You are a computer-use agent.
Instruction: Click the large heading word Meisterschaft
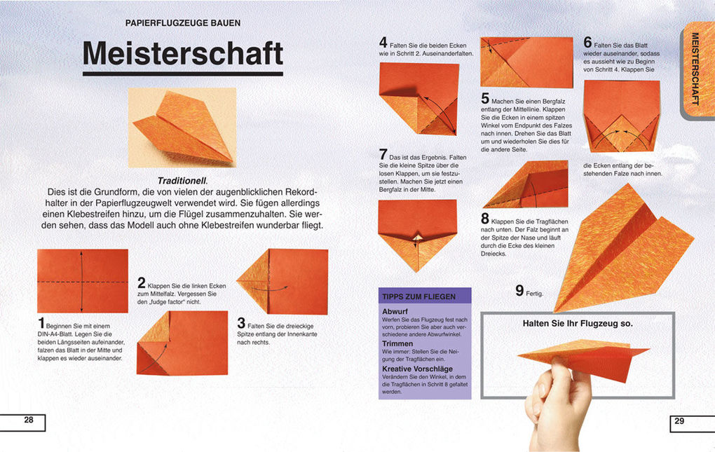tap(183, 53)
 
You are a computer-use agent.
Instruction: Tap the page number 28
tap(29, 420)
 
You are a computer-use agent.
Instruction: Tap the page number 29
tap(679, 420)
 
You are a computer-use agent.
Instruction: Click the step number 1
tap(41, 323)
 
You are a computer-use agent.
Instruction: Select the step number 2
tap(141, 283)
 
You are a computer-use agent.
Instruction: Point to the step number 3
tap(241, 323)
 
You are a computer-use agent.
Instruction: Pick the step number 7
tap(383, 153)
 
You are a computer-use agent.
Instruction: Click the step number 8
tap(485, 219)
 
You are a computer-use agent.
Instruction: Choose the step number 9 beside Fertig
tap(519, 290)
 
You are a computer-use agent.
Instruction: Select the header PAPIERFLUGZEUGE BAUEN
tap(182, 23)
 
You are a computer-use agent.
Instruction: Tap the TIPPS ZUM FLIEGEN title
tap(418, 296)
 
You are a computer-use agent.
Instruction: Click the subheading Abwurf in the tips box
tap(395, 310)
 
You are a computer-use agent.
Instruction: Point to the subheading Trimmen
tap(397, 344)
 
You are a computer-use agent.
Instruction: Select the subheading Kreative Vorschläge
tap(417, 369)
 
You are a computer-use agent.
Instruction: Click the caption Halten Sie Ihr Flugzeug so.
tap(578, 323)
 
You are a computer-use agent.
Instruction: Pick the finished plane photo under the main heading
tap(182, 126)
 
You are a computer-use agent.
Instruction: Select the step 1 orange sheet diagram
tap(82, 281)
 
